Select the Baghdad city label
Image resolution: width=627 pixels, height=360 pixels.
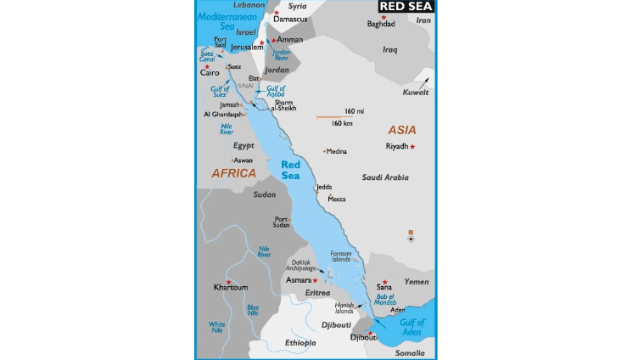point(381,24)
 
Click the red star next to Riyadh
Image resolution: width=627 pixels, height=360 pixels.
point(413,146)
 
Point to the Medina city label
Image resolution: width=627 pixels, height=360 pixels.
point(337,152)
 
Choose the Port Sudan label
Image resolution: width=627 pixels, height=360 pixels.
point(281,222)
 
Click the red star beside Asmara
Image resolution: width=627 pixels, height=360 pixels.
point(316,279)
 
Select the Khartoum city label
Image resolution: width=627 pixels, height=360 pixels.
point(231,287)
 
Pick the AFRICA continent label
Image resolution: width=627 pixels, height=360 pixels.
point(233,173)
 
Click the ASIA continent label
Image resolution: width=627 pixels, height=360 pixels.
point(402,130)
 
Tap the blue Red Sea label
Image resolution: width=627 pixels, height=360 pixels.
point(291,170)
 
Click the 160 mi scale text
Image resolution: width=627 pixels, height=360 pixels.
point(354,111)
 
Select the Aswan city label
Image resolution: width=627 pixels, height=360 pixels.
point(244,160)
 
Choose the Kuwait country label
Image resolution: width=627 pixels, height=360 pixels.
point(416,92)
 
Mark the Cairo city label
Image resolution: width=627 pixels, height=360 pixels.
point(210,73)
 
